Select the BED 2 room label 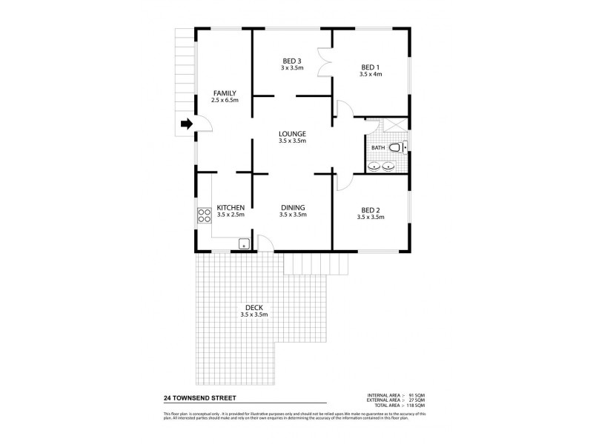pos(369,209)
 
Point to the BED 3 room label pos(291,60)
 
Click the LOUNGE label pos(291,133)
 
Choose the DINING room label pos(293,207)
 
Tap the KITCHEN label pos(231,207)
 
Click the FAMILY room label pos(224,92)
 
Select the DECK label pos(254,307)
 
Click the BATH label pos(378,147)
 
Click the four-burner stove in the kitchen pos(204,216)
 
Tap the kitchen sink pos(242,243)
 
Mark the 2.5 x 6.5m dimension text pos(224,100)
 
